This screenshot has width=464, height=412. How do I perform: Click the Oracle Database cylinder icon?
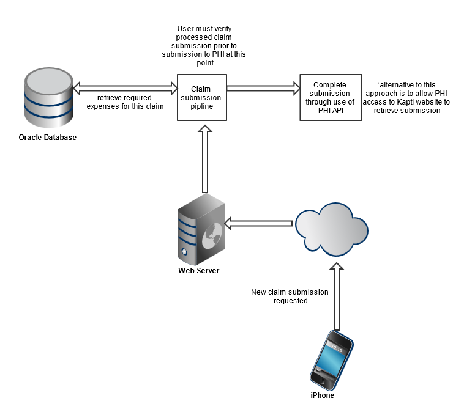pos(49,98)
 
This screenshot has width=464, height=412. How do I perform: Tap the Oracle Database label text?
pos(47,138)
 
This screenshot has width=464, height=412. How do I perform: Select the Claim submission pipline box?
pos(202,98)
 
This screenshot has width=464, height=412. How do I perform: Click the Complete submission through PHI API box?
pos(331,98)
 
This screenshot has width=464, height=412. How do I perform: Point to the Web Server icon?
pos(201,229)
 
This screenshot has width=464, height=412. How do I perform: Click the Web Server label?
pos(198,270)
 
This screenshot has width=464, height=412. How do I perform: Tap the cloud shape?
pos(332,229)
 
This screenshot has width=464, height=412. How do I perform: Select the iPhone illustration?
pos(332,361)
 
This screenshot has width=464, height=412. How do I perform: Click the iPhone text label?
pos(322,395)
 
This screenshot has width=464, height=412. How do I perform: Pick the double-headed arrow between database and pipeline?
pos(125,88)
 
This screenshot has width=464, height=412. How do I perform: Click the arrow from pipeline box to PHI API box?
pos(263,88)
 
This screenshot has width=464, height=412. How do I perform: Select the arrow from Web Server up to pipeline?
pos(205,159)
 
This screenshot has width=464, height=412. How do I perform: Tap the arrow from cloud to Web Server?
pos(258,223)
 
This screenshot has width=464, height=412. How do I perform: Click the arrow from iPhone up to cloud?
pos(337,296)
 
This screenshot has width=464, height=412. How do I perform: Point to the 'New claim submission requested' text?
pos(290,296)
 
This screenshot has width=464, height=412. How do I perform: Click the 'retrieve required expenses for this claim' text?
pos(125,102)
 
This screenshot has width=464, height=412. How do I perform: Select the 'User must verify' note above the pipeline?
pos(204,46)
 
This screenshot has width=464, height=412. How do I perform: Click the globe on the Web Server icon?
pos(212,235)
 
